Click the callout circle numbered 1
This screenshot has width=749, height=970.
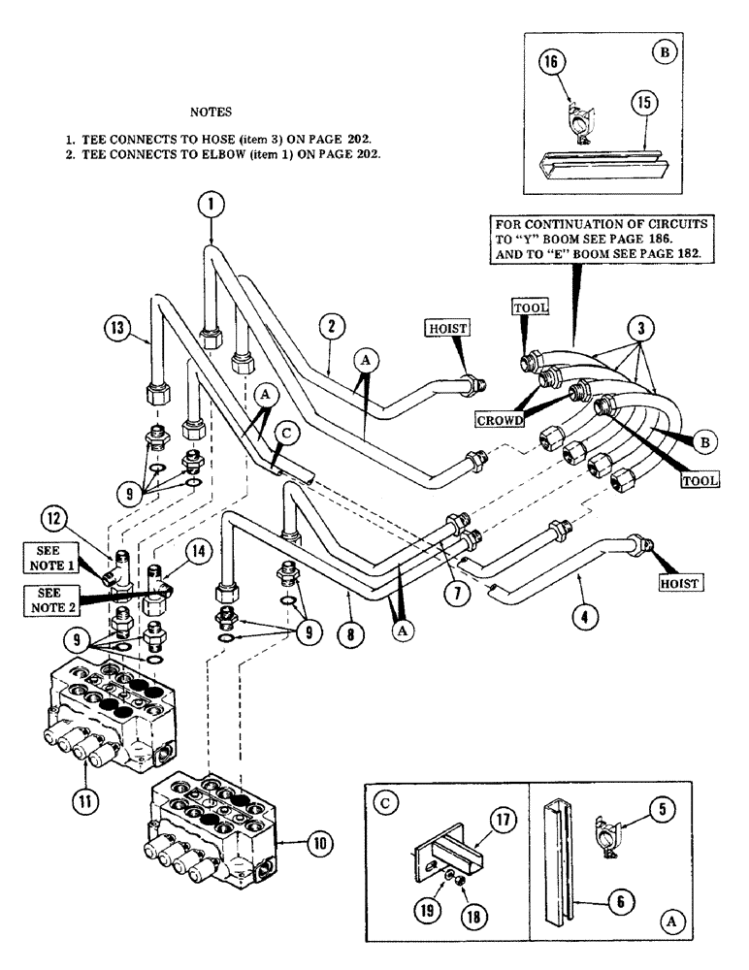[x=211, y=204]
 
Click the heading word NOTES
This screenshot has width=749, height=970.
[x=211, y=112]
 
